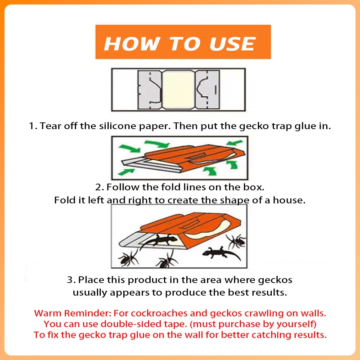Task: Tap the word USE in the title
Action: pos(232,44)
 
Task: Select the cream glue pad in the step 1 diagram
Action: pos(178,89)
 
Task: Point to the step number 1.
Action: pos(33,126)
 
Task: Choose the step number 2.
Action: pos(99,187)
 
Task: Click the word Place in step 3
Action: pos(91,280)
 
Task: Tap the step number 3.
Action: pos(71,280)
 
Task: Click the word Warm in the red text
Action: pos(48,313)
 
